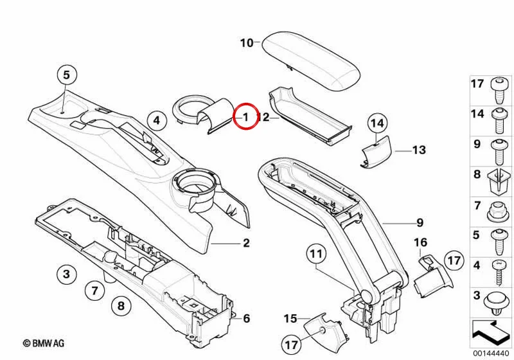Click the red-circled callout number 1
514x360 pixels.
point(245,116)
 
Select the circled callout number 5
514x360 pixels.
point(67,75)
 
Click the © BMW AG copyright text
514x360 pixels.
point(44,343)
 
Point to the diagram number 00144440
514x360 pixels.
point(491,354)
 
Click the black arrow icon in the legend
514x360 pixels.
point(491,333)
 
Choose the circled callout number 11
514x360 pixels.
point(316,254)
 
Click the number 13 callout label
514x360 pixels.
point(419,150)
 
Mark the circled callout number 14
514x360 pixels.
point(377,123)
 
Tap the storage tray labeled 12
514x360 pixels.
point(310,116)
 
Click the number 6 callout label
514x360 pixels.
point(247,318)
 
